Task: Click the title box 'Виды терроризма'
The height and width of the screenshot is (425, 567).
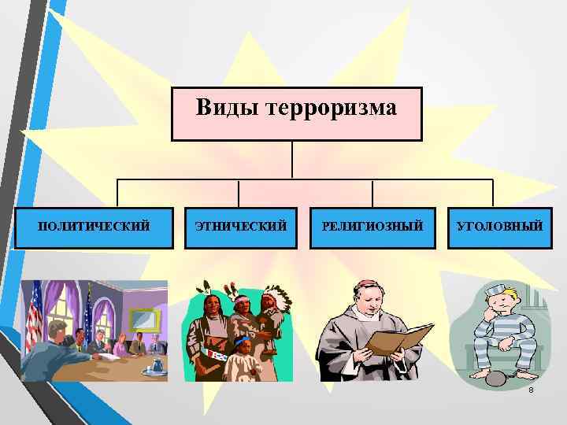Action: point(296,113)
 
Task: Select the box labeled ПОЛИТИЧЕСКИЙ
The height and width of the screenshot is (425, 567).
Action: point(94,227)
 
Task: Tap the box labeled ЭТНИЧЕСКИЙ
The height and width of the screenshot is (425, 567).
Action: point(240,227)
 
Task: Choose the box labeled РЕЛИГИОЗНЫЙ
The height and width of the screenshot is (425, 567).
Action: point(372,227)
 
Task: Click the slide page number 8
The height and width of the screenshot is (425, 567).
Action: point(532,391)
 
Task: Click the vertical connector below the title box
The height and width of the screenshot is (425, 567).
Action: point(292,160)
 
